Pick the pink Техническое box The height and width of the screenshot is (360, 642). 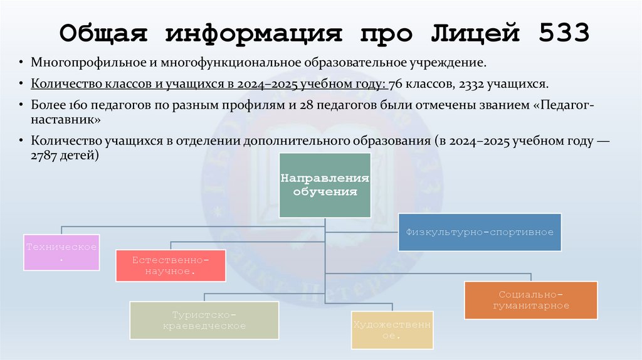61,252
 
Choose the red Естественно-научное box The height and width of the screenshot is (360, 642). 171,265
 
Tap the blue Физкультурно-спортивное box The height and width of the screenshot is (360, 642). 480,232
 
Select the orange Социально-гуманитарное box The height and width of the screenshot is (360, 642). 530,300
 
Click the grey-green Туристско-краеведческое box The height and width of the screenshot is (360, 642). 204,320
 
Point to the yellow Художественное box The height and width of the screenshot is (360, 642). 392,329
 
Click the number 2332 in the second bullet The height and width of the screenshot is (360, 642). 462,84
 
